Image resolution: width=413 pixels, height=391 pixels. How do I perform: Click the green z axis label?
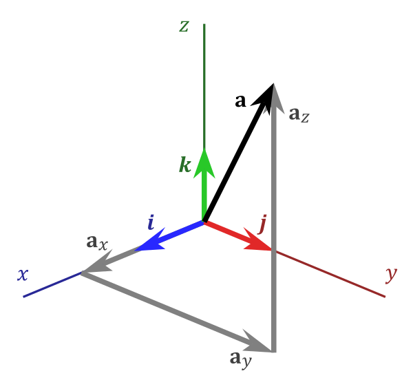click(x=184, y=26)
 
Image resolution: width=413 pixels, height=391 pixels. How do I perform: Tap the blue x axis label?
click(x=23, y=275)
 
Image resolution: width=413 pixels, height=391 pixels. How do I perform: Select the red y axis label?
click(x=391, y=275)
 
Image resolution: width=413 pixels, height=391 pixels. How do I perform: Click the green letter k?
click(x=184, y=165)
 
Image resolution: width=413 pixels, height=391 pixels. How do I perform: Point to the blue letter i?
click(x=151, y=222)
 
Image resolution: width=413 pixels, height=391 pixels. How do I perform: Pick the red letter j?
click(x=262, y=224)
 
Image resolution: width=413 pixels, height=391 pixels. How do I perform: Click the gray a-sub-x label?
click(x=96, y=242)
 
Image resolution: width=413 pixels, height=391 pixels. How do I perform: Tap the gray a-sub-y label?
click(x=240, y=359)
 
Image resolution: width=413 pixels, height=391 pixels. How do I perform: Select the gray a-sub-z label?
click(x=299, y=114)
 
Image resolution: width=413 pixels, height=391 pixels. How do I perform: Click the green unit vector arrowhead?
click(x=204, y=163)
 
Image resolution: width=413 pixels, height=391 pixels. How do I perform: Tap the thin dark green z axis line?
click(x=204, y=83)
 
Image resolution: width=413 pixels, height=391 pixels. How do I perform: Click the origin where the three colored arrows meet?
click(x=204, y=221)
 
